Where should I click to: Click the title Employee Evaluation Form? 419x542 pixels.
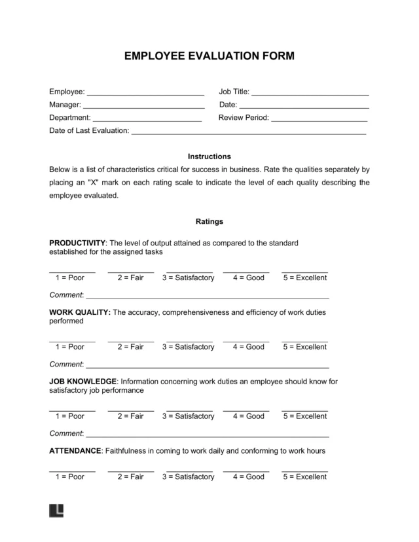click(x=209, y=56)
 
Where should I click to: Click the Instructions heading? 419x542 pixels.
click(x=209, y=156)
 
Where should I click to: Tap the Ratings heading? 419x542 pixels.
click(x=209, y=221)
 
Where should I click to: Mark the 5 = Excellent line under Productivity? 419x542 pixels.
click(x=304, y=270)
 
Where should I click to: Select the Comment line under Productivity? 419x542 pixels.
click(x=207, y=296)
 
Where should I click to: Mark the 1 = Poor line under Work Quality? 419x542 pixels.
click(x=72, y=339)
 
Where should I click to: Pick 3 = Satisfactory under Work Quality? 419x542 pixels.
click(x=189, y=339)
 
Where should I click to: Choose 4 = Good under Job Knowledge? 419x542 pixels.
click(x=246, y=408)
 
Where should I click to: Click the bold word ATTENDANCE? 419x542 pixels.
click(x=75, y=451)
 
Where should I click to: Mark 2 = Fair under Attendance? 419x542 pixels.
click(x=131, y=469)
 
